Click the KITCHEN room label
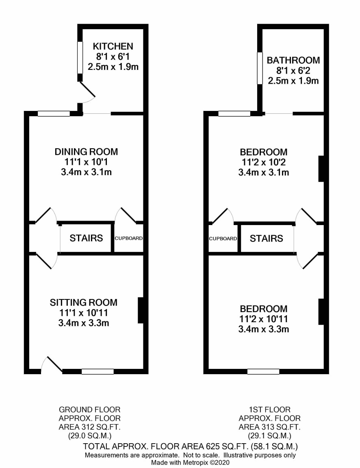point(113,46)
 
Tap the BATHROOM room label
point(293,60)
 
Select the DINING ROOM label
point(86,152)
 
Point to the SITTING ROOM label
point(84,302)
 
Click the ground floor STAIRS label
point(86,238)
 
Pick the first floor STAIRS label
point(266,238)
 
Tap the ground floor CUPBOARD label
point(129,238)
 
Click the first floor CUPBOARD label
point(223,238)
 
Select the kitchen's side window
point(80,57)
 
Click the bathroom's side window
point(260,68)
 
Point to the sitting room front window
point(98,372)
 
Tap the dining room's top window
point(54,113)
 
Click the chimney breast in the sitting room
point(141,310)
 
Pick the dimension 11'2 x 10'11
point(264,319)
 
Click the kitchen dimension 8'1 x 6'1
point(113,56)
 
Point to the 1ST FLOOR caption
point(269,409)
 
